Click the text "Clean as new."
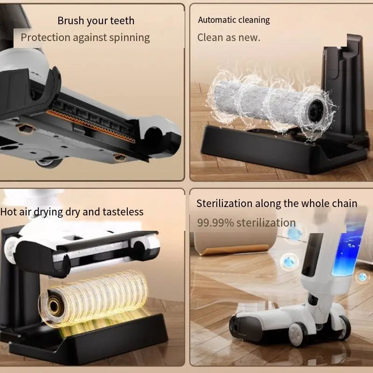(228, 38)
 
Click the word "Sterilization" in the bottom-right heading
(225, 204)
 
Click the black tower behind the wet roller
(340, 75)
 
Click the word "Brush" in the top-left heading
(70, 21)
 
